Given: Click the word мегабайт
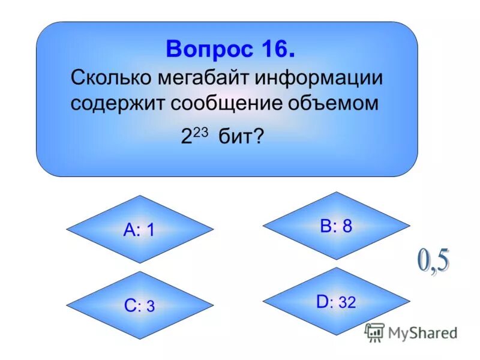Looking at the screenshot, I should [205, 78].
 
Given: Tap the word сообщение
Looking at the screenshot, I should [231, 103].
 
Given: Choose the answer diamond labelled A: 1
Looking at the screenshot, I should [139, 230].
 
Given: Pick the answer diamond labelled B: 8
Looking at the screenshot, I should [336, 226].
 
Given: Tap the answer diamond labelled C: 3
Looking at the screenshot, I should [139, 306].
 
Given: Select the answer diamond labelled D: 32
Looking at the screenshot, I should [336, 302].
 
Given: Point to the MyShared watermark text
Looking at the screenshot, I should [423, 332].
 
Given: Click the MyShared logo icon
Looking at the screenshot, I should [374, 332].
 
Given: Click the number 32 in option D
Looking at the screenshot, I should [347, 303].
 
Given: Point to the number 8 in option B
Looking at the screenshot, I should [347, 226].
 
